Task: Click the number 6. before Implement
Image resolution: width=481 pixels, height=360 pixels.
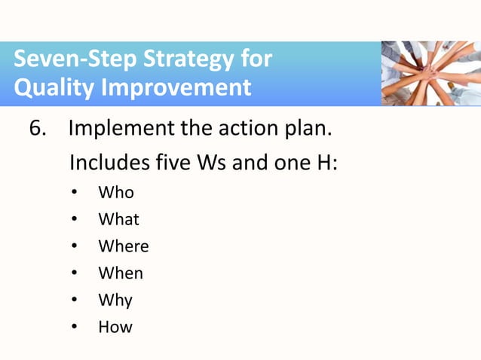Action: [38, 129]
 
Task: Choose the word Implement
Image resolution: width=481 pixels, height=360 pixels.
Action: [120, 129]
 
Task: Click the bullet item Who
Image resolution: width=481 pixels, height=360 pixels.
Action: [116, 193]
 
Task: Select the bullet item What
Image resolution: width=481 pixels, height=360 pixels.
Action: [118, 220]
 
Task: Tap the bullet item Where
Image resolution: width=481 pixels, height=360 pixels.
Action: [123, 246]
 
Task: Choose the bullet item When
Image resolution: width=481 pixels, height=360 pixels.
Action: [120, 273]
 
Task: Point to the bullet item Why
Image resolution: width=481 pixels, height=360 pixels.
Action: [115, 301]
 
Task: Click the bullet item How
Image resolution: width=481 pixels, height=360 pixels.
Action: [115, 327]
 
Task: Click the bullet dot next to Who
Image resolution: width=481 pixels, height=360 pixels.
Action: [74, 193]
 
